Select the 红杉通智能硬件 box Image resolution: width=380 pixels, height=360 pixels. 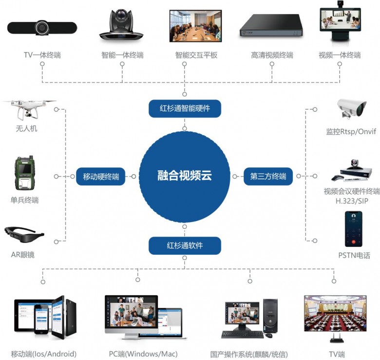pyautogui.click(x=185, y=108)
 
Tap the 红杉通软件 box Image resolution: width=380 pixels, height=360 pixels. pyautogui.click(x=185, y=245)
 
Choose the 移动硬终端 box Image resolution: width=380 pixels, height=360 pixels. pyautogui.click(x=101, y=177)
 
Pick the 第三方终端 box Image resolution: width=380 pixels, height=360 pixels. pyautogui.click(x=268, y=177)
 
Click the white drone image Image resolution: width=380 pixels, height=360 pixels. pyautogui.click(x=27, y=111)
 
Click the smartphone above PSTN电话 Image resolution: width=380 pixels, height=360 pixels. pyautogui.click(x=354, y=229)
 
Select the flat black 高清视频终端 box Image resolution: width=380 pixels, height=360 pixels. pyautogui.click(x=271, y=26)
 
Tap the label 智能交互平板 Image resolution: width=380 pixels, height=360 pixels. pyautogui.click(x=196, y=55)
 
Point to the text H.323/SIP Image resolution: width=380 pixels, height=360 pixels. pyautogui.click(x=351, y=200)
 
